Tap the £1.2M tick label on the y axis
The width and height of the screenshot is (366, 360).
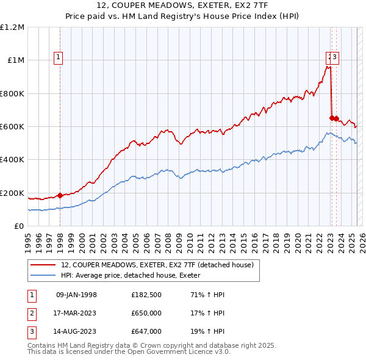coord(12,27)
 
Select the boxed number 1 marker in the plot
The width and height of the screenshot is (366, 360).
coord(59,58)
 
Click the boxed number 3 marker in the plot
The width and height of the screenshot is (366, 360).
coord(335,58)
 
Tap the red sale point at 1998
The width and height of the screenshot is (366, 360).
coord(60,195)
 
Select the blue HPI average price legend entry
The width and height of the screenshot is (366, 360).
coord(135,275)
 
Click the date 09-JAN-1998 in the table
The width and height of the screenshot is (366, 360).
coord(76,295)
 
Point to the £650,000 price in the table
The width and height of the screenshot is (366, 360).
coord(146,314)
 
